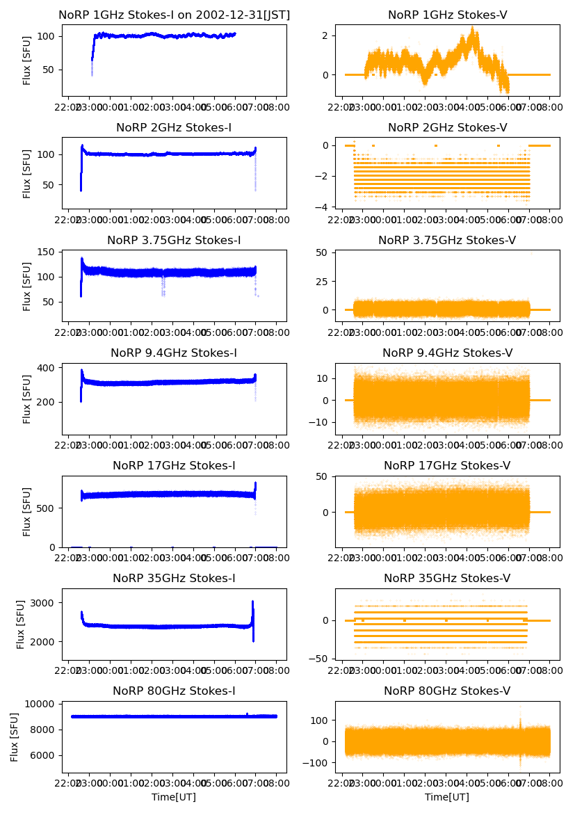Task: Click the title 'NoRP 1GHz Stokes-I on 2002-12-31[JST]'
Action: [x=174, y=15]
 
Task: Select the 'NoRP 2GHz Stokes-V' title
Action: [x=447, y=127]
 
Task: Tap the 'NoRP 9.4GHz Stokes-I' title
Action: [x=174, y=353]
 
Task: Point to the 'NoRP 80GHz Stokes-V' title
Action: [x=447, y=691]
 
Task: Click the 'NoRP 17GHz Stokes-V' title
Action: [x=447, y=465]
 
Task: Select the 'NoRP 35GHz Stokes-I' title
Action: [x=174, y=578]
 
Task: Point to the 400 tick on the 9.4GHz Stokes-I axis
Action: [x=50, y=367]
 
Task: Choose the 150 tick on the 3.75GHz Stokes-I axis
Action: [x=50, y=252]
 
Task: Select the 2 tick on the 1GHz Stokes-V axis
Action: [x=332, y=36]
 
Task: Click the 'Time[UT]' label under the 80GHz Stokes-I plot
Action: [x=174, y=797]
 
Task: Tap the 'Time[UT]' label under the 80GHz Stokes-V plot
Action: [x=447, y=797]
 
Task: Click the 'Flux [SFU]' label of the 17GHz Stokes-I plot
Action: [x=27, y=511]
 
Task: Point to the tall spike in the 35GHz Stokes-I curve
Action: [x=252, y=602]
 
